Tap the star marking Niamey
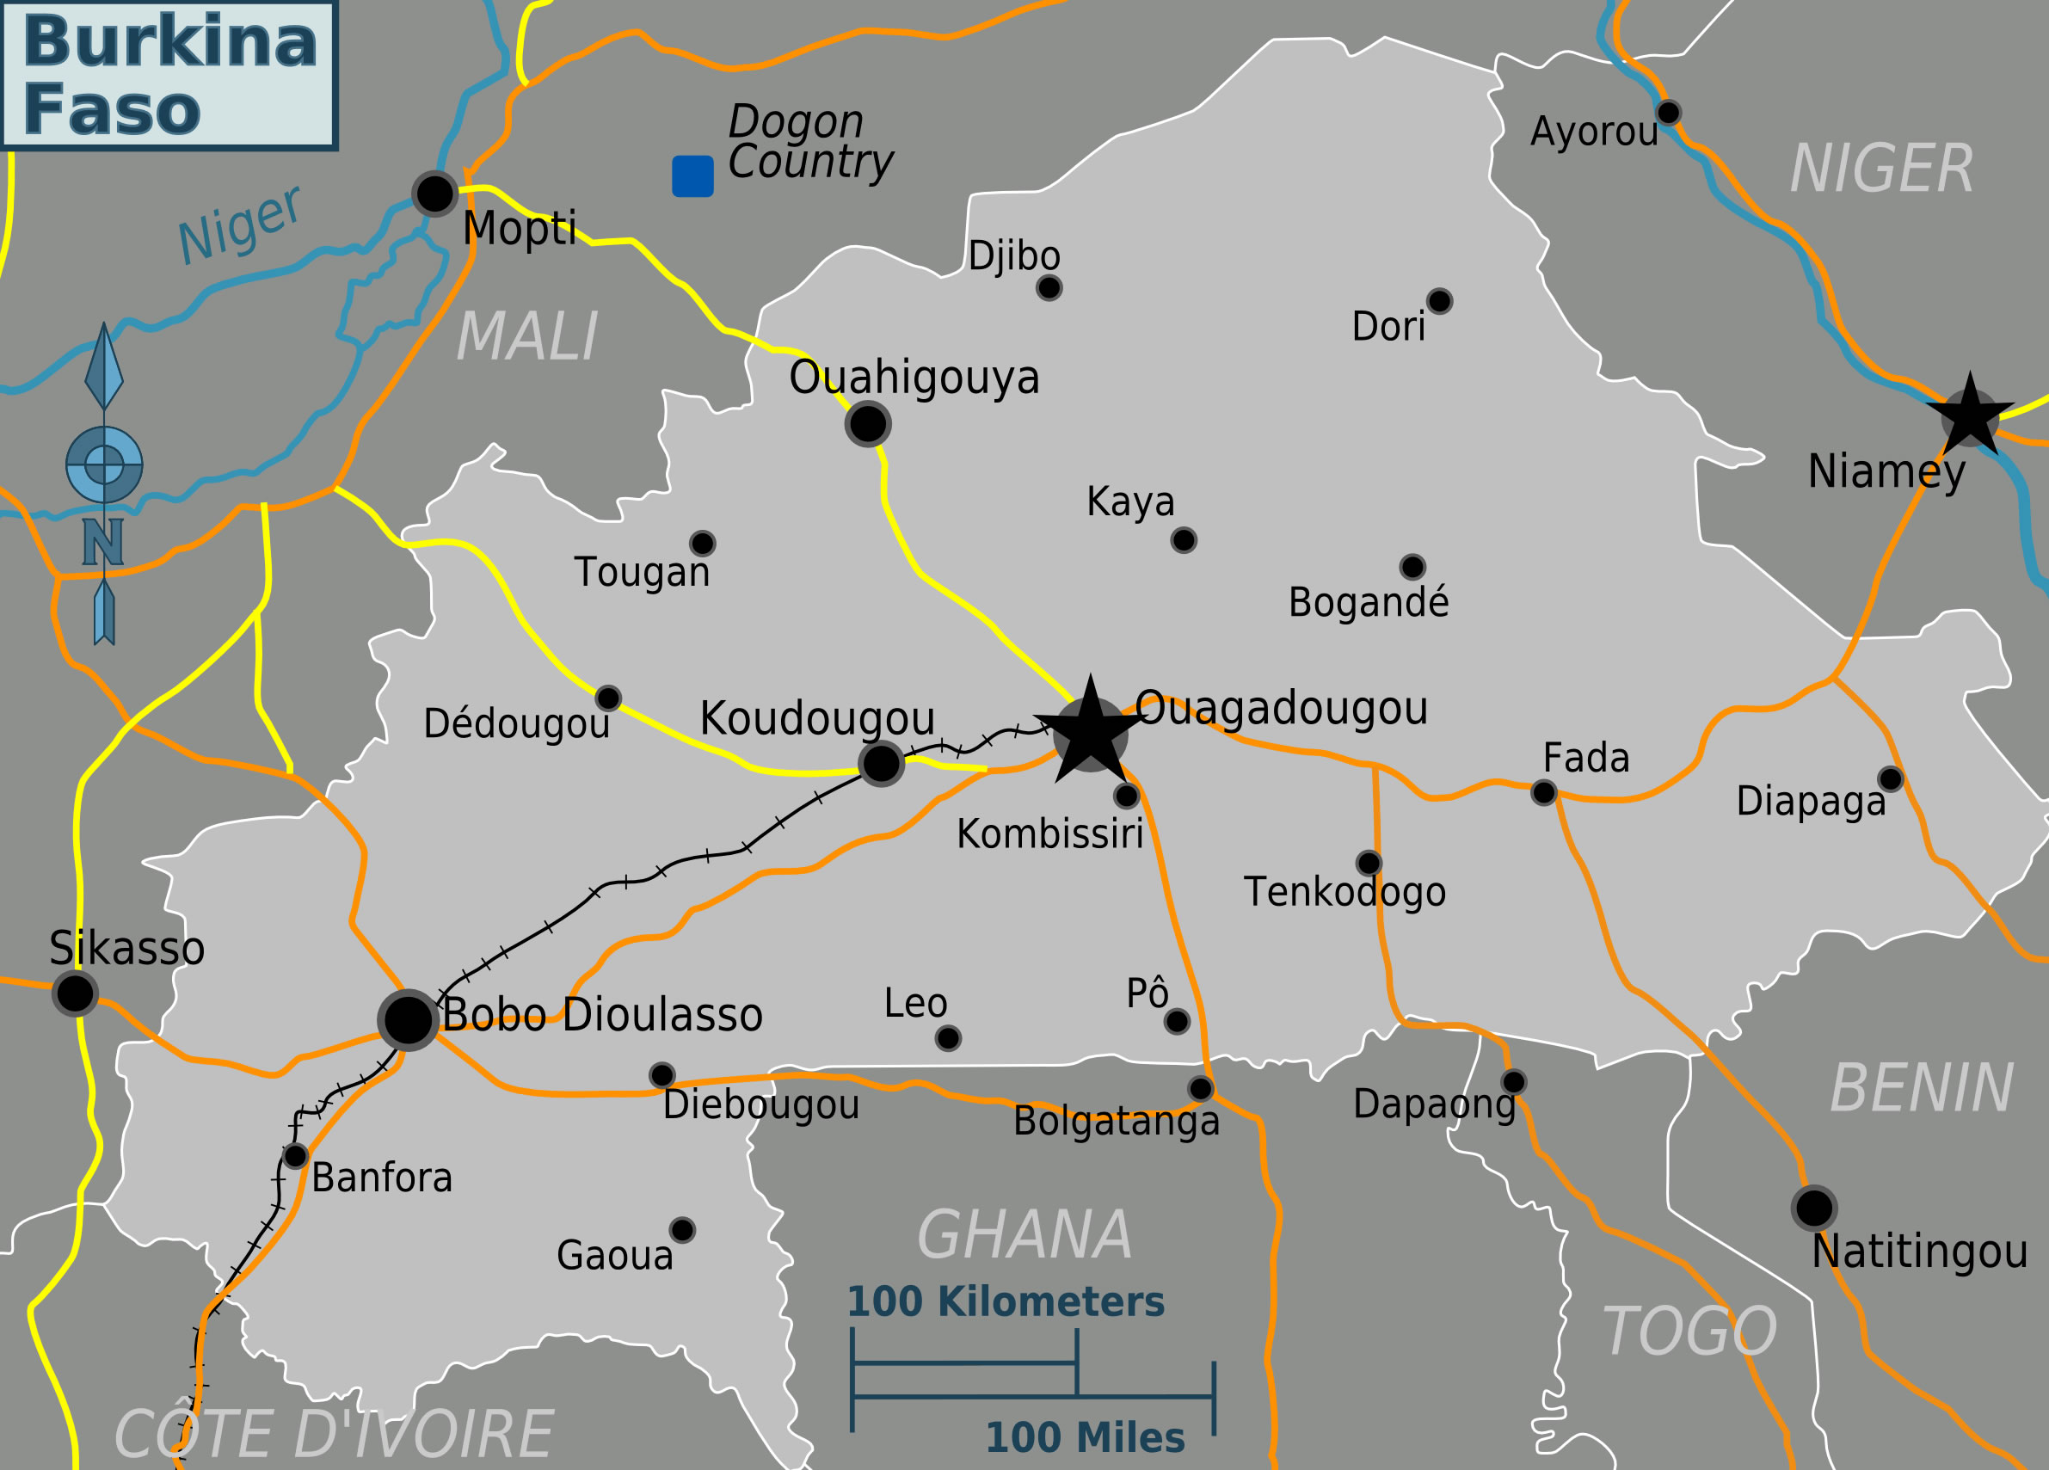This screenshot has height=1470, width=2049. pos(1970,418)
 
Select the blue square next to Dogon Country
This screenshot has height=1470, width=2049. pos(693,175)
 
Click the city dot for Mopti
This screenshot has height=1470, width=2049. pos(434,194)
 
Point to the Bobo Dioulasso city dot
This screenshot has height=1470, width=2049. pos(409,1020)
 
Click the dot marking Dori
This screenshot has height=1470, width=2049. pos(1439,301)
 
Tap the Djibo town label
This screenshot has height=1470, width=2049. pos(1013,255)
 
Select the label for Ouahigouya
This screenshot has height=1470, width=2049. pos(914,377)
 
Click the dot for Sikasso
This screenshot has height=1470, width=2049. pos(75,993)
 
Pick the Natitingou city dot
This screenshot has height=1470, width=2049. pos(1814,1208)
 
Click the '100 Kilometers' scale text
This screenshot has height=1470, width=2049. pos(1005,1302)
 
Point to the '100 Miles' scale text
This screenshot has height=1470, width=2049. pos(1084,1437)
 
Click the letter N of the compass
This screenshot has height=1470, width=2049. pos(102,541)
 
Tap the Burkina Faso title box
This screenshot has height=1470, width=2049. pos(169,75)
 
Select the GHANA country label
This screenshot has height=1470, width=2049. pos(1024,1235)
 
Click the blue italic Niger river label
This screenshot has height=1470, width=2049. pos(238,225)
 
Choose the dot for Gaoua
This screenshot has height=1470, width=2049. pos(682,1230)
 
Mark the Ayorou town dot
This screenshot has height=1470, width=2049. pos(1668,113)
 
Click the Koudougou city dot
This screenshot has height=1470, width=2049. pos(881,764)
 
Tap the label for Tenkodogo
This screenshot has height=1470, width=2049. pos(1344,893)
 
